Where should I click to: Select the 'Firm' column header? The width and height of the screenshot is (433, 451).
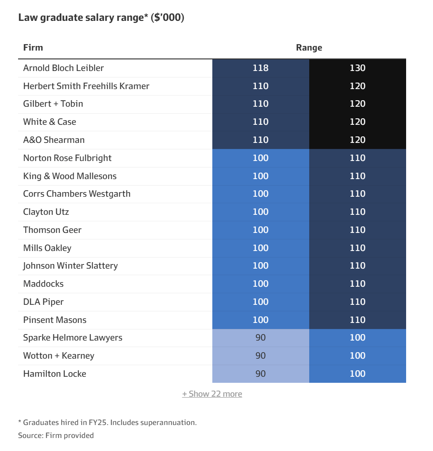pos(33,47)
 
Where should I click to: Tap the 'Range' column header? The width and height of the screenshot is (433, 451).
pos(309,47)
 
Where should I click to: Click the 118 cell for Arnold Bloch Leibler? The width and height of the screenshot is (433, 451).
pos(261,68)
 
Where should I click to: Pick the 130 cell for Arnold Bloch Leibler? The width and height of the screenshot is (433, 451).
pos(357,68)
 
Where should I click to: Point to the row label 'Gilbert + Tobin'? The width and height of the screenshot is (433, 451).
pos(53,103)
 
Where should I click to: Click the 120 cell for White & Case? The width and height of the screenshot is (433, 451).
pos(357,122)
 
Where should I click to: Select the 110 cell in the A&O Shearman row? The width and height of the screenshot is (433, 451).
pos(261,140)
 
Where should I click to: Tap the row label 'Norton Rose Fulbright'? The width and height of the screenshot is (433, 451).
pos(67,158)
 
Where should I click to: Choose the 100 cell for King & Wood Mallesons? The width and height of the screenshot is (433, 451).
pos(261,176)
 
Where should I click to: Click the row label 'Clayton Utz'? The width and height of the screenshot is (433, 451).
pos(46,212)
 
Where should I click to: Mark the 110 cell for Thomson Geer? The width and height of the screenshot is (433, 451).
pos(357,230)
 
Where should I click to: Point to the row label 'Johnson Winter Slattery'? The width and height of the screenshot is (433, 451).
pos(70,265)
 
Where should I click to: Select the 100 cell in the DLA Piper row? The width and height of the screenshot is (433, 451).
pos(261,302)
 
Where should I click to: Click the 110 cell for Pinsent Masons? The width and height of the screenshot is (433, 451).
pos(357,320)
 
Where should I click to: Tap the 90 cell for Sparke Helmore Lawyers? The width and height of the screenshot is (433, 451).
pos(261,337)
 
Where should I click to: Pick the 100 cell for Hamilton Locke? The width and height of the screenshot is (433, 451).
pos(357,374)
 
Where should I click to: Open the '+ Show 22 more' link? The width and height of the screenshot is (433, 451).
pos(212,393)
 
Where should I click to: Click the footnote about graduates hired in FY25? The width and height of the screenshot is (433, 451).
pos(107,422)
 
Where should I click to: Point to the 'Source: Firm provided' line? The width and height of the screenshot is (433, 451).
pos(56,435)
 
